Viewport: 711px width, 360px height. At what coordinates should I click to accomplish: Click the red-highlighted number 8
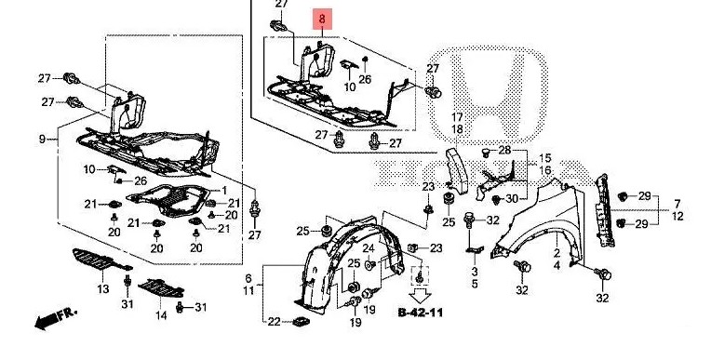click(322, 19)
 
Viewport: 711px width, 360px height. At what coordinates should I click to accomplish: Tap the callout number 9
click(42, 140)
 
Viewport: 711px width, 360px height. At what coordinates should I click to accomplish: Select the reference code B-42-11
click(421, 313)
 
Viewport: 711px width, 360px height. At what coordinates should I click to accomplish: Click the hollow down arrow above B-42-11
click(421, 296)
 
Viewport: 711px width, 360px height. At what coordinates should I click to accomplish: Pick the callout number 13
click(103, 288)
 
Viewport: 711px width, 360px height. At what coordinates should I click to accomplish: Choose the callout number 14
click(161, 314)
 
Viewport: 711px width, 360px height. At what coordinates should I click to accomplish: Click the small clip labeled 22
click(301, 322)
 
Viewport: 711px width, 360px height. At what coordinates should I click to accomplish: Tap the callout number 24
click(369, 248)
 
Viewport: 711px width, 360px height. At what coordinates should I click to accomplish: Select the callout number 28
click(504, 151)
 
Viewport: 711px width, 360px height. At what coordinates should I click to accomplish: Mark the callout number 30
click(512, 198)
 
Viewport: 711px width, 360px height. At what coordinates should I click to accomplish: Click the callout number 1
click(223, 191)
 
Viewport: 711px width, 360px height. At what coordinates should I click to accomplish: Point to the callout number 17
click(457, 117)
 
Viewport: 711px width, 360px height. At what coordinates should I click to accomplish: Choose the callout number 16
click(545, 170)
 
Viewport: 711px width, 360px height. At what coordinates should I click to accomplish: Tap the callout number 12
click(677, 217)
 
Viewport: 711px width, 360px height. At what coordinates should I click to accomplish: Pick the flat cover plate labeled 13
click(102, 260)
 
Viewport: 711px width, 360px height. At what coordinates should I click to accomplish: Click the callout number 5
click(475, 285)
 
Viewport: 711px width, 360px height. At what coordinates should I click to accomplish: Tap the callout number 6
click(248, 278)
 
